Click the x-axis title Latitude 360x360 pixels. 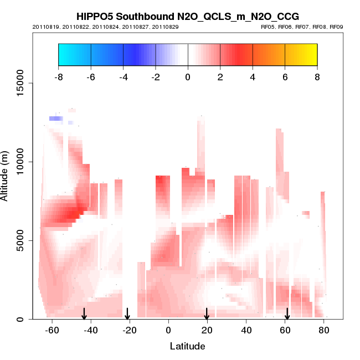pos(187,346)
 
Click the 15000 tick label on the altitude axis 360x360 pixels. pos(18,83)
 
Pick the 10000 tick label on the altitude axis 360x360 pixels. pos(18,162)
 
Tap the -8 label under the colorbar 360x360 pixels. pos(58,76)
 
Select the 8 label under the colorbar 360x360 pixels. pos(317,76)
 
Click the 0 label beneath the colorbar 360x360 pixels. pos(188,76)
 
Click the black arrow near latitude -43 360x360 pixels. pos(84,314)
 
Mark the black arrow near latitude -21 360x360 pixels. pos(127,314)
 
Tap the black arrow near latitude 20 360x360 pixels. pos(207,314)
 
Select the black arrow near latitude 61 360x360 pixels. pos(287,314)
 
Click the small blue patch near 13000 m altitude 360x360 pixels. pos(55,119)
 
